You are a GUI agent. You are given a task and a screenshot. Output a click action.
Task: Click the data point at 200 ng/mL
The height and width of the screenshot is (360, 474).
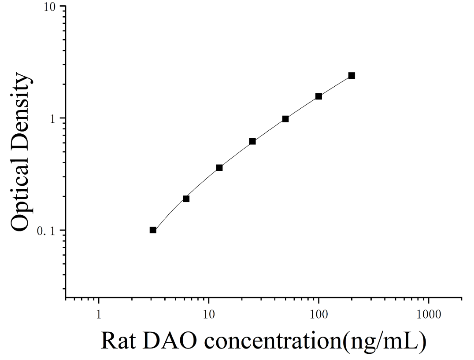352,76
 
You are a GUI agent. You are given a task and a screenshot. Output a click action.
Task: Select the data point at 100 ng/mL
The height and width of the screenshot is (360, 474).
318,96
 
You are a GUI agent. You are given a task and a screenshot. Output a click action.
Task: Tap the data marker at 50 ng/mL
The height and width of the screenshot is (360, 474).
285,119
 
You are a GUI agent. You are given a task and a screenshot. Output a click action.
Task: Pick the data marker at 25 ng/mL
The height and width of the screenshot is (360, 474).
252,141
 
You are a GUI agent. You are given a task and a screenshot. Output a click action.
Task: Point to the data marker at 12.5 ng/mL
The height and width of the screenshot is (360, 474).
219,168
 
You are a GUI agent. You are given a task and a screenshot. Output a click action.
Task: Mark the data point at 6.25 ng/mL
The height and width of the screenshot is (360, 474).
186,199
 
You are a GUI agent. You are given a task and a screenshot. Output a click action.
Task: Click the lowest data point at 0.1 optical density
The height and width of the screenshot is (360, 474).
153,230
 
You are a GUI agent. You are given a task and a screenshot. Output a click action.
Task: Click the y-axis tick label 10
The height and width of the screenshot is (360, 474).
50,7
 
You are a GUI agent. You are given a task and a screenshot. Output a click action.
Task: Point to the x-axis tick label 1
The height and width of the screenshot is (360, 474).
99,315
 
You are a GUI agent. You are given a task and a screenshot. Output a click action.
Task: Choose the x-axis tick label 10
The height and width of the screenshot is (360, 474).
208,315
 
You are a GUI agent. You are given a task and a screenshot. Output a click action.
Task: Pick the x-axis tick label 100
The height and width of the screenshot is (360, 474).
318,315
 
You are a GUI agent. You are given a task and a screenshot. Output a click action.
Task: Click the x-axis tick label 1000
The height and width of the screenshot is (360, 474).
429,315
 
